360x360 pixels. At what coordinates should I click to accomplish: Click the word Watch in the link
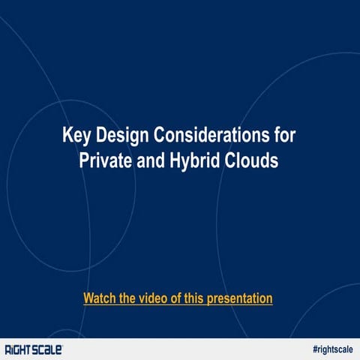pyautogui.click(x=100, y=298)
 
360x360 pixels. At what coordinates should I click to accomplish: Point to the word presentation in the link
pyautogui.click(x=239, y=298)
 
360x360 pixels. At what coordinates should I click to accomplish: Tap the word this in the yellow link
pyautogui.click(x=194, y=298)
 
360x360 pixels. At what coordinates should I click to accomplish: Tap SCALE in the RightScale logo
pyautogui.click(x=47, y=349)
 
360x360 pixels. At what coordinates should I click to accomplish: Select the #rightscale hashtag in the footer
pyautogui.click(x=332, y=349)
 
